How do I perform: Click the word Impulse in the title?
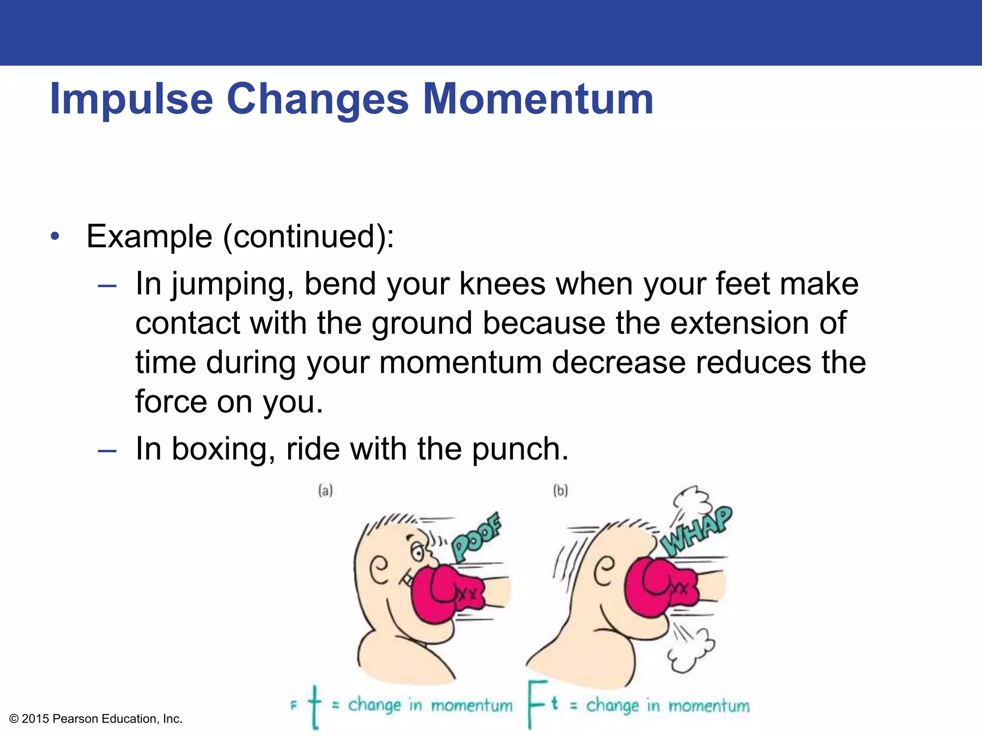point(131,100)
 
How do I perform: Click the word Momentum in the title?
point(538,99)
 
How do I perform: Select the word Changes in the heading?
point(317,100)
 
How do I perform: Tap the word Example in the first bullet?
point(149,237)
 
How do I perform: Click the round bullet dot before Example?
point(56,236)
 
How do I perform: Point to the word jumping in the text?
point(233,284)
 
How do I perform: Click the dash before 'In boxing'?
point(106,451)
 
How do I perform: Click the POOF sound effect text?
point(476,537)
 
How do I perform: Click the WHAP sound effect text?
point(696,531)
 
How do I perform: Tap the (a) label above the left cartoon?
point(326,490)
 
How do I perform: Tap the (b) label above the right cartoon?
point(560,490)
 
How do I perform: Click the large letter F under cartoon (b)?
point(537,703)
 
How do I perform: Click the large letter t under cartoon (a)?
point(315,706)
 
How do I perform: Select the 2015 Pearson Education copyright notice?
point(96,719)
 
